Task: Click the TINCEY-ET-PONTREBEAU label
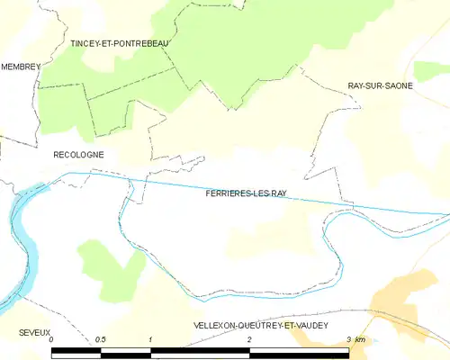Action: [x=120, y=42]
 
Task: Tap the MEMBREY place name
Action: [x=21, y=67]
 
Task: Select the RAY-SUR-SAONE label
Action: [x=381, y=85]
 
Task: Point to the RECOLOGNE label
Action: [x=79, y=155]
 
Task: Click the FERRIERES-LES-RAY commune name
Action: [x=245, y=193]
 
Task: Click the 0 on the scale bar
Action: [x=52, y=340]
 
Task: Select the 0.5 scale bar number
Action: [x=101, y=340]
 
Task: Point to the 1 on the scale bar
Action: [x=150, y=340]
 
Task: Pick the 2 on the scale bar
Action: [x=249, y=340]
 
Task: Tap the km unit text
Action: [x=360, y=340]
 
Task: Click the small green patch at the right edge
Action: [x=432, y=70]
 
